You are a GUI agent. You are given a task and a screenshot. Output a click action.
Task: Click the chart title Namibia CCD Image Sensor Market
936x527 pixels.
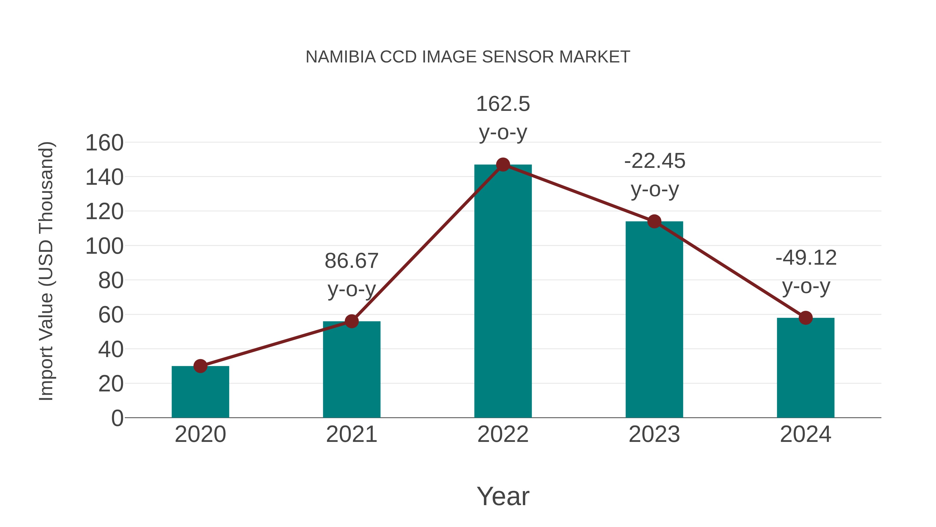pyautogui.click(x=468, y=57)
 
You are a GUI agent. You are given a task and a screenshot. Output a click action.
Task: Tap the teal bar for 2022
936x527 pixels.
pyautogui.click(x=503, y=291)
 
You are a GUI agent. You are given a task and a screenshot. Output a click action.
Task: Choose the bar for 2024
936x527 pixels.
pyautogui.click(x=805, y=367)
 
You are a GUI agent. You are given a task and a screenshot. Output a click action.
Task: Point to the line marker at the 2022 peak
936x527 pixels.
pyautogui.click(x=503, y=165)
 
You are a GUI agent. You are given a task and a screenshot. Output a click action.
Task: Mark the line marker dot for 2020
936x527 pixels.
pyautogui.click(x=200, y=366)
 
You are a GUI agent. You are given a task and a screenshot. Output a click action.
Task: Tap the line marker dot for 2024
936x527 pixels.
pyautogui.click(x=805, y=318)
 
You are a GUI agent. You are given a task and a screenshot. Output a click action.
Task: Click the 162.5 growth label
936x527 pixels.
pyautogui.click(x=503, y=104)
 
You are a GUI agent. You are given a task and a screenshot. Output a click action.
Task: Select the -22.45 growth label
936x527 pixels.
pyautogui.click(x=654, y=161)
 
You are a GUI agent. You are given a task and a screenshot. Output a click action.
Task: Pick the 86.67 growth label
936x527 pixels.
pyautogui.click(x=351, y=261)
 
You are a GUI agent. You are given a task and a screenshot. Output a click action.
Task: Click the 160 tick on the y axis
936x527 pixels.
pyautogui.click(x=104, y=143)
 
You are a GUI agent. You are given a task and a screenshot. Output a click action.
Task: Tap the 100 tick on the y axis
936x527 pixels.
pyautogui.click(x=104, y=246)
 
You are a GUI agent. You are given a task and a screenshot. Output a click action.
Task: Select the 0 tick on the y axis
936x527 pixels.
pyautogui.click(x=117, y=418)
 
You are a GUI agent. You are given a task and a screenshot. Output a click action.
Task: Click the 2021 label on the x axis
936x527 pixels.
pyautogui.click(x=351, y=434)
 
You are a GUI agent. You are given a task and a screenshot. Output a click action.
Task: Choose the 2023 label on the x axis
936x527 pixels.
pyautogui.click(x=654, y=434)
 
